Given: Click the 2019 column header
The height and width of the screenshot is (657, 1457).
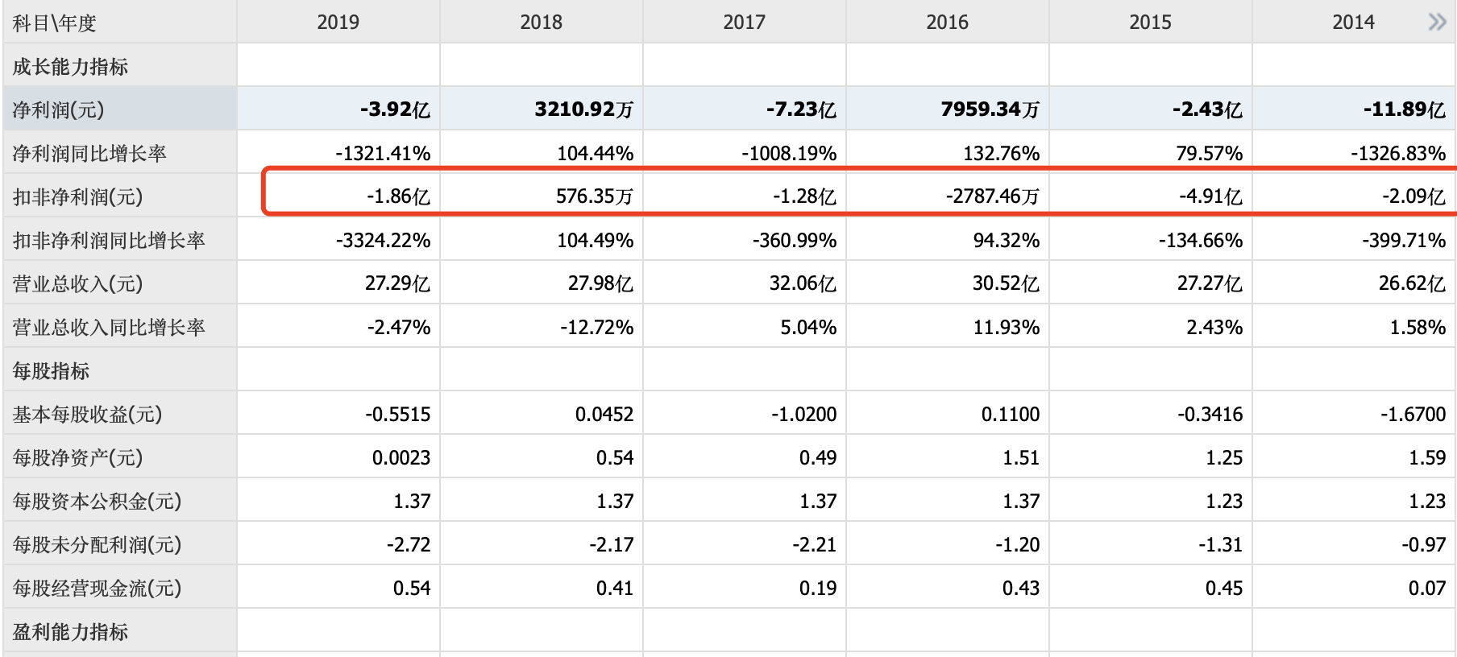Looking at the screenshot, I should pos(338,23).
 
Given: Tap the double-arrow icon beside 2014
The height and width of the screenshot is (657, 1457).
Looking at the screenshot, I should pos(1437,22).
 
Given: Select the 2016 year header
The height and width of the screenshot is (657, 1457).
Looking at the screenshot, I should pos(947,23).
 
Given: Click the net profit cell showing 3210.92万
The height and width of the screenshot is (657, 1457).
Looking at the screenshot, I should pos(583,109).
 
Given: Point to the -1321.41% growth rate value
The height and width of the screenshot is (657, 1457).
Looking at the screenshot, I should pos(383,153).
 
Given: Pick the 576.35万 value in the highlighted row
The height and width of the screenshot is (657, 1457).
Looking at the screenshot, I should pos(594,196).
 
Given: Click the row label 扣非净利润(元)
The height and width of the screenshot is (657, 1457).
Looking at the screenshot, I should pos(77,196).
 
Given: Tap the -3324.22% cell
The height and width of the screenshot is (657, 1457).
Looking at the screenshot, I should pos(383,240).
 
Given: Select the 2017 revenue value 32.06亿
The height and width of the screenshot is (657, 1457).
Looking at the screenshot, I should pos(802,283).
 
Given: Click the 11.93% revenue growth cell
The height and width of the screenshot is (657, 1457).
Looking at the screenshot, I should pos(1007,327).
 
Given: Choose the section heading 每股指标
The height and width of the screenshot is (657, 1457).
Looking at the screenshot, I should pos(51,370).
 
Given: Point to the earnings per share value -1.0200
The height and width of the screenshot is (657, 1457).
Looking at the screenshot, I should pos(803,414).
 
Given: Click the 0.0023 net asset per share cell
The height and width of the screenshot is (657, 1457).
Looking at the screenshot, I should pos(401,457).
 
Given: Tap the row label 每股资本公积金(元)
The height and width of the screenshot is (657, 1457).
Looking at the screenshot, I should pos(97,501).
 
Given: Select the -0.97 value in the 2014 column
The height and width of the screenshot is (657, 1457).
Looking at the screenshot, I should pos(1423,544).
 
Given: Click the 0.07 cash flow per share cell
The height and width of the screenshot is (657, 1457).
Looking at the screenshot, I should pos(1426,588).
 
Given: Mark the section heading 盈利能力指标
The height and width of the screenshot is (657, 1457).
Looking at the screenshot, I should pos(70,631).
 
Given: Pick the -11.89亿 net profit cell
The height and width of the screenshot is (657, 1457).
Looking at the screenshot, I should pos(1404,109).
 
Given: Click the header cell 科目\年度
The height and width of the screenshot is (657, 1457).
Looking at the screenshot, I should pos(54,23).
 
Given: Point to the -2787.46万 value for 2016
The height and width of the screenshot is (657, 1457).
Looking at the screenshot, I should pos(992,196).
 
